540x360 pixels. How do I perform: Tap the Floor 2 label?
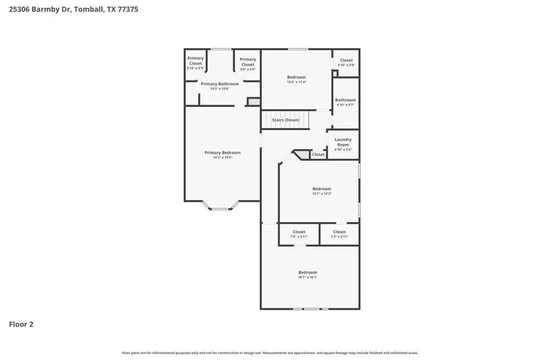click(21, 324)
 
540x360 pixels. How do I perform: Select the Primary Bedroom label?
click(222, 153)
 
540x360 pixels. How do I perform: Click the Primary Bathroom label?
click(220, 84)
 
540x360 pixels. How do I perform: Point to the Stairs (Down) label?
click(286, 120)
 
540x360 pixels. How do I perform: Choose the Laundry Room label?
click(343, 142)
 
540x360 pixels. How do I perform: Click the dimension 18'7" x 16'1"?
click(308, 277)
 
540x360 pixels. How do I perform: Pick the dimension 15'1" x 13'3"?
click(322, 194)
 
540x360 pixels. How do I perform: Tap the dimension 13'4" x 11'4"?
click(296, 82)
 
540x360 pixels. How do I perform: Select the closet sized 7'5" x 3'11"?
click(299, 234)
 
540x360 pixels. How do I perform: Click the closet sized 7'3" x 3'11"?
click(339, 234)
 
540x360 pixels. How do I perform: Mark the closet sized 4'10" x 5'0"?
click(346, 63)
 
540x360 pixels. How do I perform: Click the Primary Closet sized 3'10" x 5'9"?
click(195, 63)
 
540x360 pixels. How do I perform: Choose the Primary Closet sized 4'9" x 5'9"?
click(248, 64)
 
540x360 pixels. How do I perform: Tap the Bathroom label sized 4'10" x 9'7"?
click(346, 102)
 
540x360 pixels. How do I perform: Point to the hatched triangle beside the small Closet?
click(303, 155)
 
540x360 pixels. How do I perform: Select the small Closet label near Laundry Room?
click(319, 154)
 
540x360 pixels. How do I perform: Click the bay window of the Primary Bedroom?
click(220, 207)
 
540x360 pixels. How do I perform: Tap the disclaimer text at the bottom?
click(270, 353)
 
